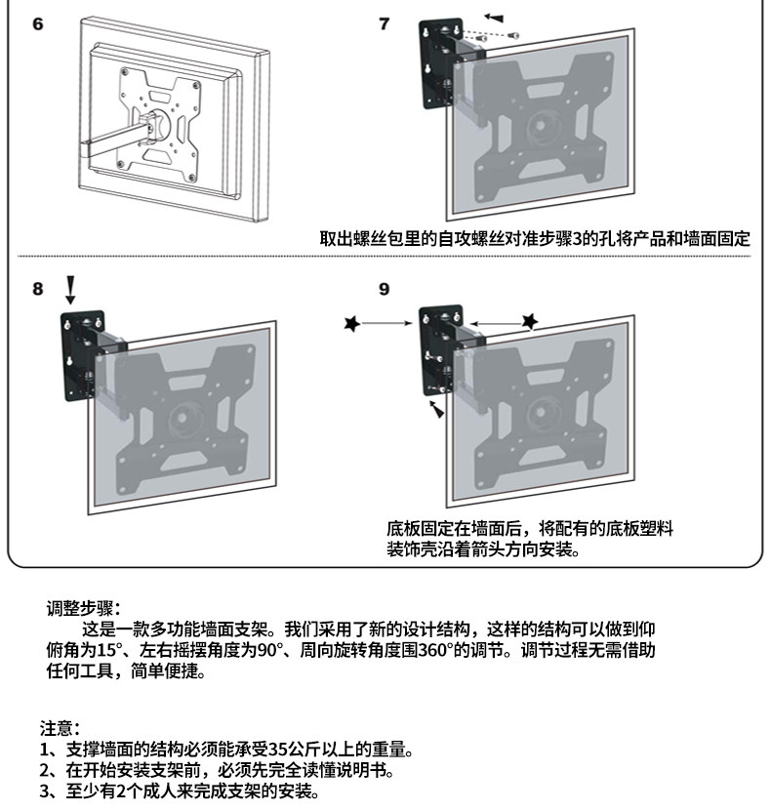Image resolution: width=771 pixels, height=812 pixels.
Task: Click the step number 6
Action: click(x=38, y=23)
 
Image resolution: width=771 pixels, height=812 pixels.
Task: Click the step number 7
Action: click(x=384, y=24)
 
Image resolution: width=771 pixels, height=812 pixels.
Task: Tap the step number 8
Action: click(x=38, y=289)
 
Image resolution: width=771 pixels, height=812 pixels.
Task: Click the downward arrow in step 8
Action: click(x=69, y=290)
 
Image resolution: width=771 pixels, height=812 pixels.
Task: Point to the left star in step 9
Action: click(x=351, y=323)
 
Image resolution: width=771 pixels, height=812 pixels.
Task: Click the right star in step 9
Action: click(x=529, y=321)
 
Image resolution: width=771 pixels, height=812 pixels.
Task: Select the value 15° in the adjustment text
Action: click(x=108, y=651)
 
